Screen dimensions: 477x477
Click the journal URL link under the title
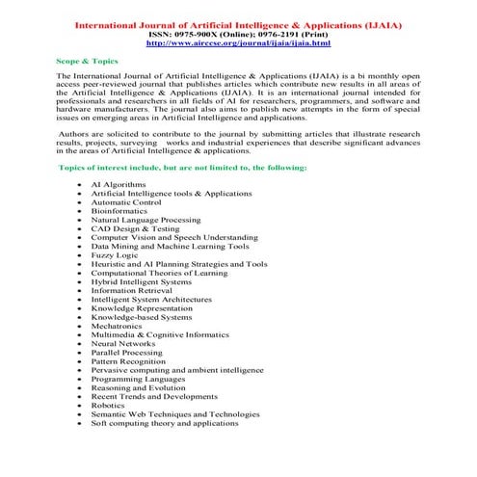[238, 43]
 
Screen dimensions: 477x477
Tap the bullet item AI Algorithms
[119, 183]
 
